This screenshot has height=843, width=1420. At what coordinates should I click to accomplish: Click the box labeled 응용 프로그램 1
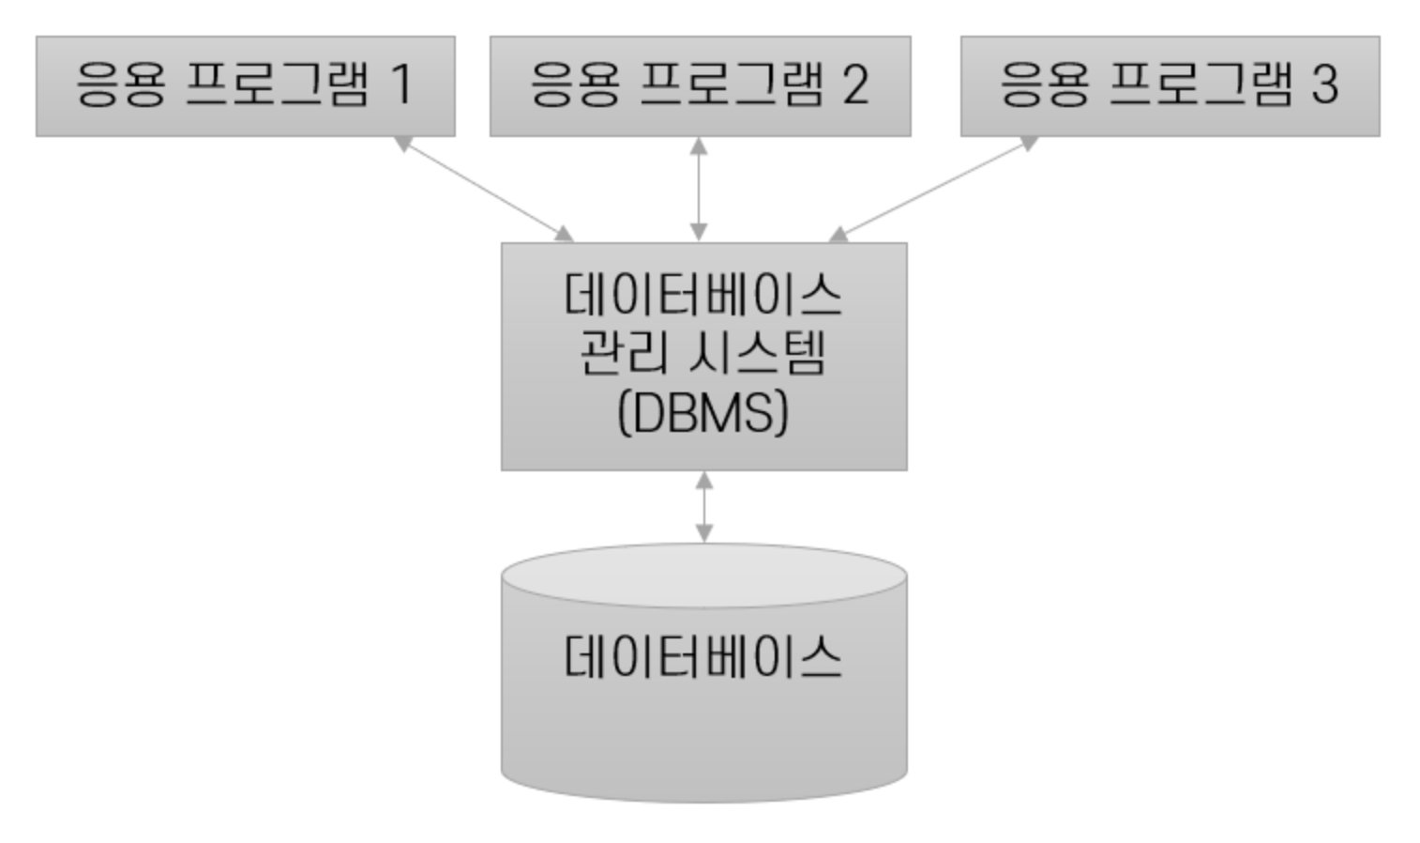point(245,86)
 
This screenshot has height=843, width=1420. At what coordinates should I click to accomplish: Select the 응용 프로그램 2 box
point(700,86)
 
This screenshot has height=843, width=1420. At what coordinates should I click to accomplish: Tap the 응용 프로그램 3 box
point(1170,86)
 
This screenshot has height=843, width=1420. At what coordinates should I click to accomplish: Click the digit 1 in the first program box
point(401,84)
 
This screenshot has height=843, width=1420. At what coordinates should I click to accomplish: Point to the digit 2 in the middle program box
point(855,84)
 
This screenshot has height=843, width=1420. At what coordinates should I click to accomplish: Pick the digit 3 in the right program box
point(1323,84)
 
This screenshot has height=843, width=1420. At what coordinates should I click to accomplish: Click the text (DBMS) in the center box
point(703,412)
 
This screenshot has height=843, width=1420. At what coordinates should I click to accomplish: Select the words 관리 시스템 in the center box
point(703,354)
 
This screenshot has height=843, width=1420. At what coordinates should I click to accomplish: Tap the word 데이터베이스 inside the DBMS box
point(703,295)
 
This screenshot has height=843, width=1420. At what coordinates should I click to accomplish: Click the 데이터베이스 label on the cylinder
point(703,656)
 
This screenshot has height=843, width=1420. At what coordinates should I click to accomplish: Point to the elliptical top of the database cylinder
point(703,574)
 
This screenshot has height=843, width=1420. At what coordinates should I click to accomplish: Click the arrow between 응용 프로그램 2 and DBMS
point(699,189)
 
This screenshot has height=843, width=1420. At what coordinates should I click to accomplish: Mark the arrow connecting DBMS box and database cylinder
point(703,507)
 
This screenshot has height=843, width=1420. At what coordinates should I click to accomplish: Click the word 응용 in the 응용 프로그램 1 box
point(121,84)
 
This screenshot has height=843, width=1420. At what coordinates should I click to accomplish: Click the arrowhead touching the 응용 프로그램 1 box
point(402,144)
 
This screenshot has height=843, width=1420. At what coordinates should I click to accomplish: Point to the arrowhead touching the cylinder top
point(703,534)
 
